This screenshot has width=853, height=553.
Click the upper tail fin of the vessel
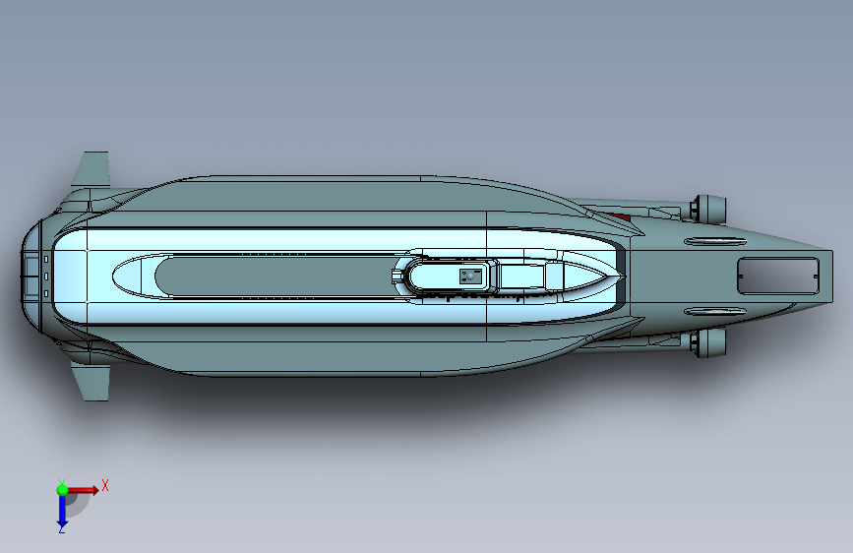pos(92,170)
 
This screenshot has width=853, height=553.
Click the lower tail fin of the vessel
pos(92,383)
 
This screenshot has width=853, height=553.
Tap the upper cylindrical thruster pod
pos(707,209)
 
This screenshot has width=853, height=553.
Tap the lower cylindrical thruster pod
pos(707,342)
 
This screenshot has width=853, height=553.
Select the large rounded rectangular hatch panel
pos(778,276)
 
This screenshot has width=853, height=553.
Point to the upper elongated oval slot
pos(715,241)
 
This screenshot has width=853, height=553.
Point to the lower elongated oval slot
pos(715,311)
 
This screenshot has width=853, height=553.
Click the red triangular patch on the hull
pos(620,217)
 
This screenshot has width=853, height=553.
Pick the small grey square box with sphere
pos(470,276)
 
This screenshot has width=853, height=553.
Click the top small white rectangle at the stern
pos(46,259)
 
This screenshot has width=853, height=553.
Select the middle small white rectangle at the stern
pos(46,276)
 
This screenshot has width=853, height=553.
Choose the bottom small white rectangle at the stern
pos(46,294)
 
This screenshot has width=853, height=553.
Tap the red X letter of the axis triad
pos(105,485)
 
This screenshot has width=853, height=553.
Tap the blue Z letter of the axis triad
pos(62,528)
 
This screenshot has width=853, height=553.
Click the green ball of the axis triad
pos(62,490)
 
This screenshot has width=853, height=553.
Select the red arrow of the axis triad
pos(83,490)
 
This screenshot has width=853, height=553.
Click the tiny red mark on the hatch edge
pos(741,276)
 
